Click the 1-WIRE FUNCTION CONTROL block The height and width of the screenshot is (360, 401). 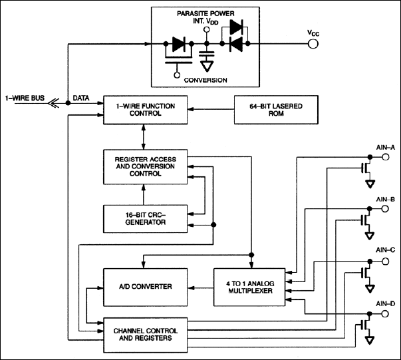144,109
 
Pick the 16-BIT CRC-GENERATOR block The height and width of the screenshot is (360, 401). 144,218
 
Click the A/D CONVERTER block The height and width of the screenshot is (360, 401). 144,287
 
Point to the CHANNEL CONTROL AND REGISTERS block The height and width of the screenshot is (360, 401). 144,333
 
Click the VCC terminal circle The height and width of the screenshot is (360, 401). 312,44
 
